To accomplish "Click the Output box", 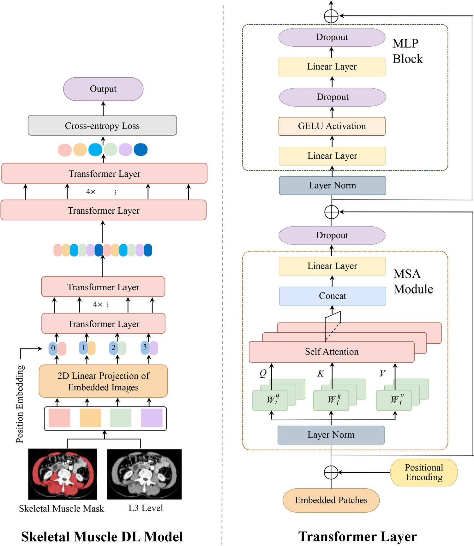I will pos(103,89).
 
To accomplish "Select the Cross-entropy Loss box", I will pos(102,126).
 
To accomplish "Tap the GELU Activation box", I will pos(332,126).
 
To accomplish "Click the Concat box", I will pos(333,296).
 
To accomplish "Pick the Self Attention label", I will pos(332,352).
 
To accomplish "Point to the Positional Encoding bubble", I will pos(424,472).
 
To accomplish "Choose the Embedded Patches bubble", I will pos(331,500).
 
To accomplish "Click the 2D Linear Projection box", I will pos(103,381).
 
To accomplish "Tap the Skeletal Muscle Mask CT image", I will pos(63,474).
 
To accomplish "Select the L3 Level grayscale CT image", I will pos(144,474).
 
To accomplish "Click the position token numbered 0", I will pos(53,348).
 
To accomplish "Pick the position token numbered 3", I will pos(145,347).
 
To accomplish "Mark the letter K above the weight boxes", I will pos(321,374).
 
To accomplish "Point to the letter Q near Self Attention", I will pos(263,374).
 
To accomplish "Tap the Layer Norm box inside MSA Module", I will pos(331,435).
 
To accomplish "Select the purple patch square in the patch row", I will pos(152,418).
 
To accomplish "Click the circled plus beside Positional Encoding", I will pos(331,472).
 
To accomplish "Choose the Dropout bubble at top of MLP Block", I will pos(332,37).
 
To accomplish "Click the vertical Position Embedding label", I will pos(20,404).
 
